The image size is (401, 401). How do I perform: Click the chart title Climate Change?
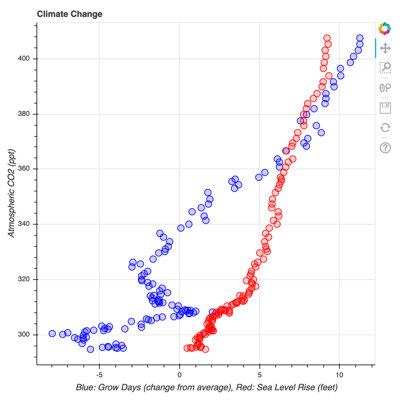pyautogui.click(x=70, y=14)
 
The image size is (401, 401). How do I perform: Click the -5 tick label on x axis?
pyautogui.click(x=99, y=375)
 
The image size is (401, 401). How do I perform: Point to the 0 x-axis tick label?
pyautogui.click(x=179, y=375)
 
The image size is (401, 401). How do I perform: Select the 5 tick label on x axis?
pyautogui.click(x=260, y=375)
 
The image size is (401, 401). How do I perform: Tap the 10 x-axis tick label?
pyautogui.click(x=340, y=375)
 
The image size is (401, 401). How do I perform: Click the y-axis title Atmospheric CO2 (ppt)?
pyautogui.click(x=12, y=192)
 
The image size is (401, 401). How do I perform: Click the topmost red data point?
pyautogui.click(x=327, y=38)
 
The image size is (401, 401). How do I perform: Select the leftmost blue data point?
pyautogui.click(x=52, y=334)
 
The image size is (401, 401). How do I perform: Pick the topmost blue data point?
pyautogui.click(x=360, y=38)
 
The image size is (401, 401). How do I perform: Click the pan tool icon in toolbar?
pyautogui.click(x=385, y=48)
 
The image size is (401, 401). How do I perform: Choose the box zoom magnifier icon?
pyautogui.click(x=385, y=68)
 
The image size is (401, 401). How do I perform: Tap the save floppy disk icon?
pyautogui.click(x=385, y=108)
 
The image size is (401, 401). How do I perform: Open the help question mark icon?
pyautogui.click(x=385, y=147)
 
